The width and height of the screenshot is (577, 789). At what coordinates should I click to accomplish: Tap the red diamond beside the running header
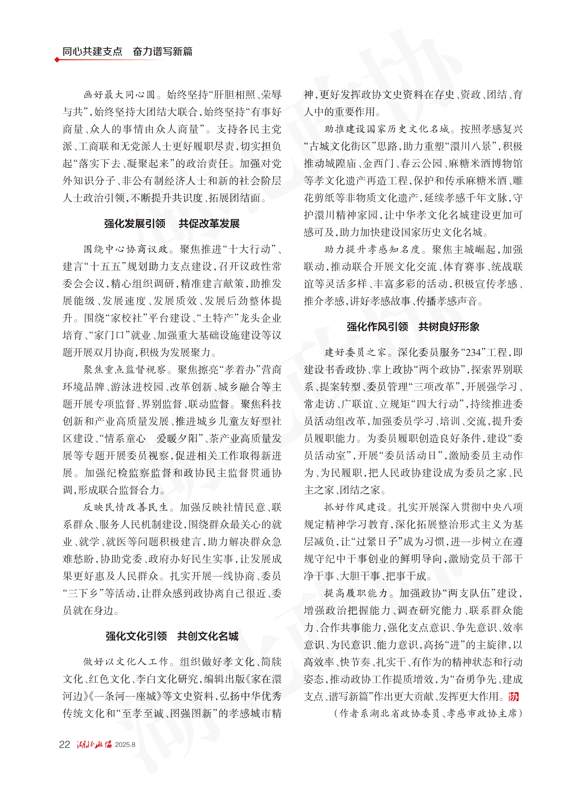[x=57, y=60]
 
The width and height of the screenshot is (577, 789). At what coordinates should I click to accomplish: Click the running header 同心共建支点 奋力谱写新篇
[x=127, y=51]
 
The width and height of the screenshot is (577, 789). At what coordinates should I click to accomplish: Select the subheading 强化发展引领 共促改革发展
[x=172, y=224]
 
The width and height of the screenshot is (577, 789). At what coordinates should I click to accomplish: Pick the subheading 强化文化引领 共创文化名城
[x=172, y=636]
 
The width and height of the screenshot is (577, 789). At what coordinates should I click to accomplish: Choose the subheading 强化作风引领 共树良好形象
[x=413, y=327]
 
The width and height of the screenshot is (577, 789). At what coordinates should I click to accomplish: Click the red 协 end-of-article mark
[x=514, y=697]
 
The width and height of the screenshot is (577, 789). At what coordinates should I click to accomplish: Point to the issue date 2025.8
[x=125, y=745]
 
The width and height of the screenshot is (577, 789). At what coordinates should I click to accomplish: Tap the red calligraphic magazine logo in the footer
[x=94, y=745]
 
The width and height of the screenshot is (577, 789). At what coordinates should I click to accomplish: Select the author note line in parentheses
[x=428, y=713]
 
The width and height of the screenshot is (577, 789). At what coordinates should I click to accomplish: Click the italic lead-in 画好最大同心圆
[x=119, y=95]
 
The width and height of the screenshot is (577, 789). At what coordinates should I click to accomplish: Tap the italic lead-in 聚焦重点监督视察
[x=125, y=370]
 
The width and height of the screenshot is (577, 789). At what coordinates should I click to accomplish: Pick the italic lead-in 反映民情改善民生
[x=126, y=507]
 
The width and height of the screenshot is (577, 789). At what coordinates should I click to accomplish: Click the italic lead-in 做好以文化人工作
[x=126, y=662]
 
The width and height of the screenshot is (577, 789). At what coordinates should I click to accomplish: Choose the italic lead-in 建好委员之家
[x=355, y=353]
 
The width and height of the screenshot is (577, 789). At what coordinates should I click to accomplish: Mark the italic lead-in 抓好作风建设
[x=355, y=507]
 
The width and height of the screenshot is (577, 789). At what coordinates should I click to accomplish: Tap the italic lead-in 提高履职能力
[x=356, y=593]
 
